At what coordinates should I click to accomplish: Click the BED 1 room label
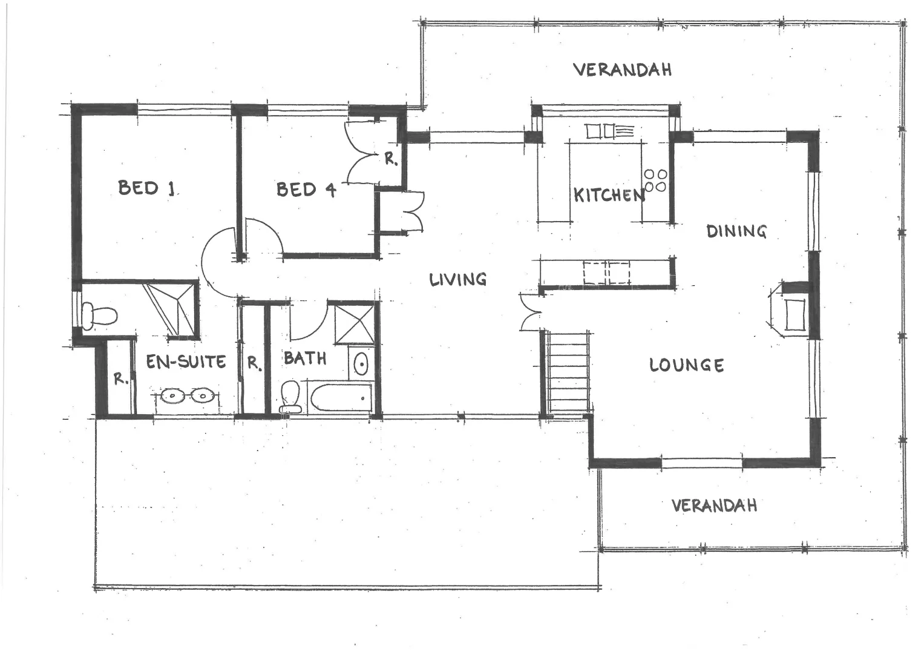146,188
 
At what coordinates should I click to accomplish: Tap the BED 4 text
306,190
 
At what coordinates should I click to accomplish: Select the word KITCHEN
608,195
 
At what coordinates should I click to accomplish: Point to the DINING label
736,231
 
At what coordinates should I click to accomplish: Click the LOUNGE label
686,365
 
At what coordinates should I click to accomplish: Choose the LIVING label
458,279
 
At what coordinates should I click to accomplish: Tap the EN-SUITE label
186,362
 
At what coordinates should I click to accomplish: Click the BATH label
305,358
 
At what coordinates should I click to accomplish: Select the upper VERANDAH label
622,70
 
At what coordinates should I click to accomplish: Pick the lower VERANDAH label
714,505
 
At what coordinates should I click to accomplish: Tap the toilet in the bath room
290,397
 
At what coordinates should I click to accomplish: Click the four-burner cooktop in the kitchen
655,180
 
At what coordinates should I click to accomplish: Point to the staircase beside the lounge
568,372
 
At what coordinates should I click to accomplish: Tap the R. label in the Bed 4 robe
392,160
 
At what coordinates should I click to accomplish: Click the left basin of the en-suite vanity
172,396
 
